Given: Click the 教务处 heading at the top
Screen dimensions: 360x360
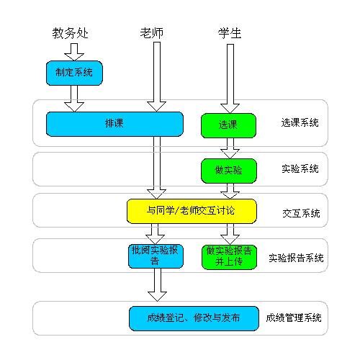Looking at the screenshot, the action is coord(71,33).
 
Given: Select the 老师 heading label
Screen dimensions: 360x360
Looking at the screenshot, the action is coord(152,33).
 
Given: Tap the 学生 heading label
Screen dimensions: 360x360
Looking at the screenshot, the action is coord(230,33).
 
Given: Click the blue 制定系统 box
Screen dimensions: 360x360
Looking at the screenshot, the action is coord(74,73).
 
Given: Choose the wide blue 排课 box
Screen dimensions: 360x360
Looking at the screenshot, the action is coord(114,124).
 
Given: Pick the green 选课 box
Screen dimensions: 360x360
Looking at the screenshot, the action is coord(228,125).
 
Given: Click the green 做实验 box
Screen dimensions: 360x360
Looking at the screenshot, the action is coord(229,171).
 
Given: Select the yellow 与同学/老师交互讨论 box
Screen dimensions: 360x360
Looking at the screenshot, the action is coord(192,211).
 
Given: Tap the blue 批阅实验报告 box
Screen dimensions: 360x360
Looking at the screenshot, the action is coord(156,256).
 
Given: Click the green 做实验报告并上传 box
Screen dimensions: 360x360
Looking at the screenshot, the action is coord(229,257).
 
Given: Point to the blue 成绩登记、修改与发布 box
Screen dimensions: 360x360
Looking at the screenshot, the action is coord(194,318).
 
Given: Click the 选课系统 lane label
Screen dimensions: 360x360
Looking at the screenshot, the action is coord(300,122).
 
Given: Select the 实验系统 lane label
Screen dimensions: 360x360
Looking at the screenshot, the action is coord(300,168).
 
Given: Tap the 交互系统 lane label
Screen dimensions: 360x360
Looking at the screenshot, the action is coord(301,213).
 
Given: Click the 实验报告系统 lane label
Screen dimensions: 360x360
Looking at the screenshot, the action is coord(296,258).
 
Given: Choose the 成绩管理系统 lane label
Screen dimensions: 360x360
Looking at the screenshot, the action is coord(294,318).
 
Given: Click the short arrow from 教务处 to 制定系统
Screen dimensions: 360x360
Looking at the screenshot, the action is coord(74,52).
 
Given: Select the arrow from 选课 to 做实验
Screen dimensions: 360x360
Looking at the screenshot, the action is coord(230,148).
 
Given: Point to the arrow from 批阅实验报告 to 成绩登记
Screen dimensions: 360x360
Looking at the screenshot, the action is coord(157,284).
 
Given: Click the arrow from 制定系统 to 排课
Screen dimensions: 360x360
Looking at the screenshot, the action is coord(74,99).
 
